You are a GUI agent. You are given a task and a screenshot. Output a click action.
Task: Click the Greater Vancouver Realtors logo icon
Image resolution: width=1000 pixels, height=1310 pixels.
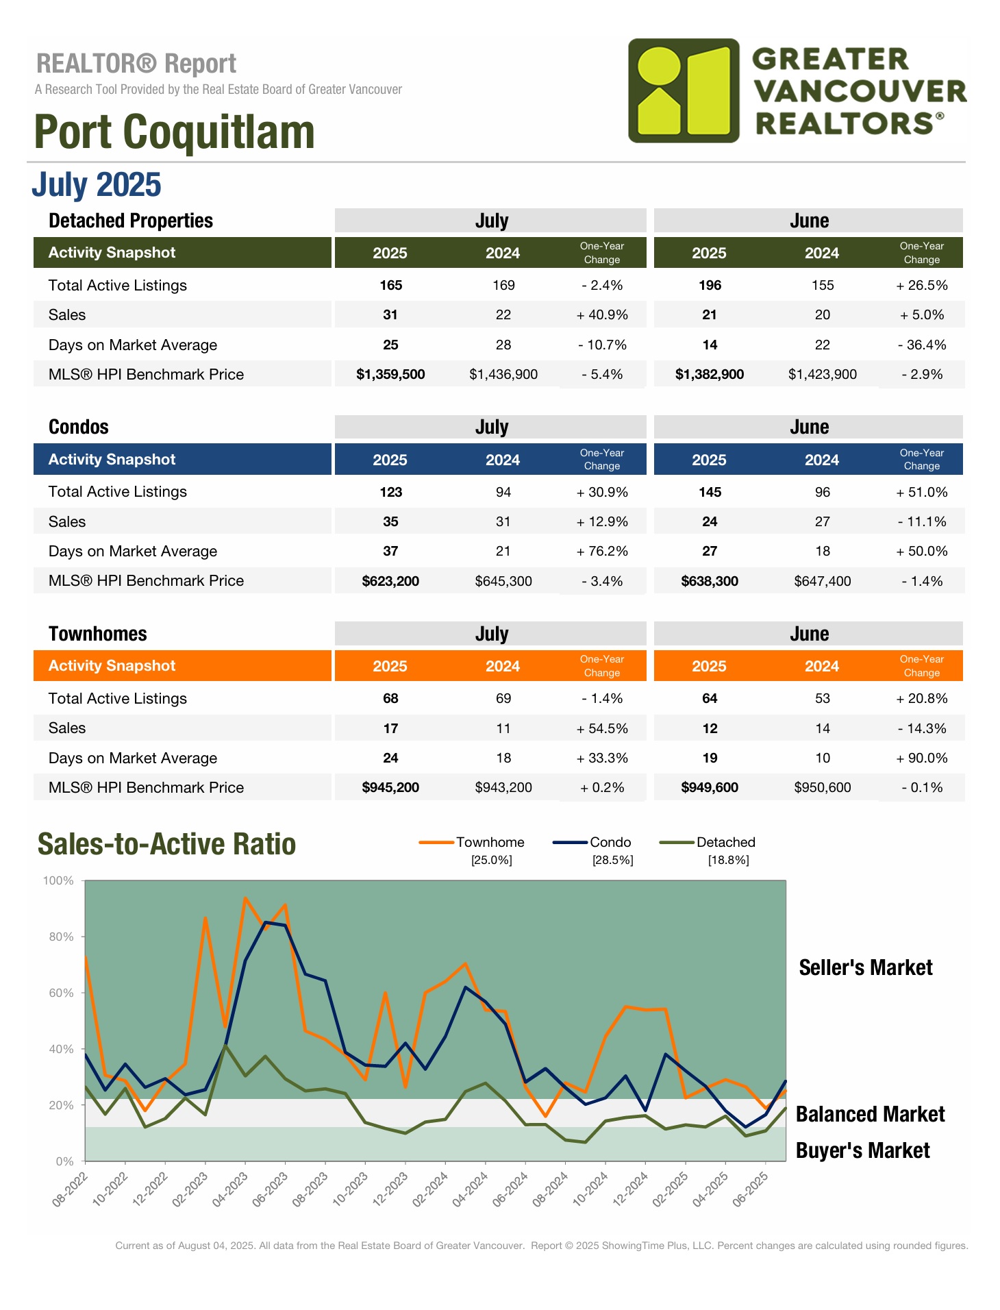click(684, 90)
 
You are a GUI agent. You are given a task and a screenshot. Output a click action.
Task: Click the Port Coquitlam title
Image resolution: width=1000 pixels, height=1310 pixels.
click(174, 132)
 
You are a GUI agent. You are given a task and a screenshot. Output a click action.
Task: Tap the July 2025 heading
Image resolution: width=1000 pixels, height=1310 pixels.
click(97, 185)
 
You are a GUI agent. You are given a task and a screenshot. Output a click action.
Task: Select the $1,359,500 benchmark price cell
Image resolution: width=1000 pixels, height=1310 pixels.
click(390, 375)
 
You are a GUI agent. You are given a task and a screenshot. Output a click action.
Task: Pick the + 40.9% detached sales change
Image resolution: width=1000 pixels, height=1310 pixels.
click(602, 315)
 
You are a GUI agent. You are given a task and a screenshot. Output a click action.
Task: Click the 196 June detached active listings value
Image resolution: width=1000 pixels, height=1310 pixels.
click(710, 286)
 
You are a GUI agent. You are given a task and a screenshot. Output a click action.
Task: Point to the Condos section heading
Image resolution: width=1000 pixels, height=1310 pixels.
click(79, 428)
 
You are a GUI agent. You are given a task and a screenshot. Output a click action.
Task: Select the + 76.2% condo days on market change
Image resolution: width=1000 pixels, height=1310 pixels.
click(602, 552)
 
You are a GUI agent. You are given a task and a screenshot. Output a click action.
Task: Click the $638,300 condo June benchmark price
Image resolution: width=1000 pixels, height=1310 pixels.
click(710, 582)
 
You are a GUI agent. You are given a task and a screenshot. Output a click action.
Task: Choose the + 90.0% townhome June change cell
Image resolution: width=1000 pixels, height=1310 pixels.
click(922, 758)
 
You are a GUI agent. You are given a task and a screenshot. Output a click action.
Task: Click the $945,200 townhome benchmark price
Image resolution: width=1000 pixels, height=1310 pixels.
click(390, 788)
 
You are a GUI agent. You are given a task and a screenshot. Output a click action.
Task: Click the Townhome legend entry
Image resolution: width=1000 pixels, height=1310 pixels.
click(489, 843)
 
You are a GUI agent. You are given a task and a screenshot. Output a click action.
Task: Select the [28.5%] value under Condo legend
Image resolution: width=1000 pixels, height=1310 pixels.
click(612, 861)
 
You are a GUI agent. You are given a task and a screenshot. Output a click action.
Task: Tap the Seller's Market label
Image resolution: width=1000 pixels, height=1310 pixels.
click(866, 968)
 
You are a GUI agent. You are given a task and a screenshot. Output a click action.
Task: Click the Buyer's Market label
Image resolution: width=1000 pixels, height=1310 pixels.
click(862, 1151)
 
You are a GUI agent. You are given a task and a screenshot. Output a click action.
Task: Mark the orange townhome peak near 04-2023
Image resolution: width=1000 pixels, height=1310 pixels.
click(245, 898)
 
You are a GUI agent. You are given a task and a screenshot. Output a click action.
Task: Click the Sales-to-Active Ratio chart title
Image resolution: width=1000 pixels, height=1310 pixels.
click(166, 845)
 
